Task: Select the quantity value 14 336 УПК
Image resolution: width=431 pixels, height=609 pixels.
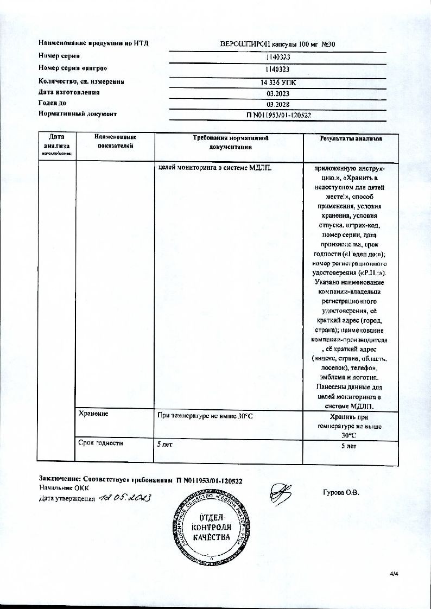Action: [x=278, y=83]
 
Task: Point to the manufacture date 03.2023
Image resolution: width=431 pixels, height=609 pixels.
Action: [x=278, y=93]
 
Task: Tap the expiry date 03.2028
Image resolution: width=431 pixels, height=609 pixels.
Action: [x=278, y=104]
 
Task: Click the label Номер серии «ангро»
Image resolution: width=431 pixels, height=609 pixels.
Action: [x=73, y=68]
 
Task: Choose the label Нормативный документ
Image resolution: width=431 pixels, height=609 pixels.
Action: [x=78, y=114]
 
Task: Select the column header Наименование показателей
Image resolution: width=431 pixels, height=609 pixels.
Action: [x=115, y=142]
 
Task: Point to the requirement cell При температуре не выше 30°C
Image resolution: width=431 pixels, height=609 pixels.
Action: [x=205, y=416]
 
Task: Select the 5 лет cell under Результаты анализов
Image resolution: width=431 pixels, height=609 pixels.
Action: [x=348, y=446]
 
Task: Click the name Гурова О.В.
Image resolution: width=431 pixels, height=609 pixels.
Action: [x=341, y=493]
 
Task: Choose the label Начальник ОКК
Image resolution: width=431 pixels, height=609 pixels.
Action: [x=64, y=489]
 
